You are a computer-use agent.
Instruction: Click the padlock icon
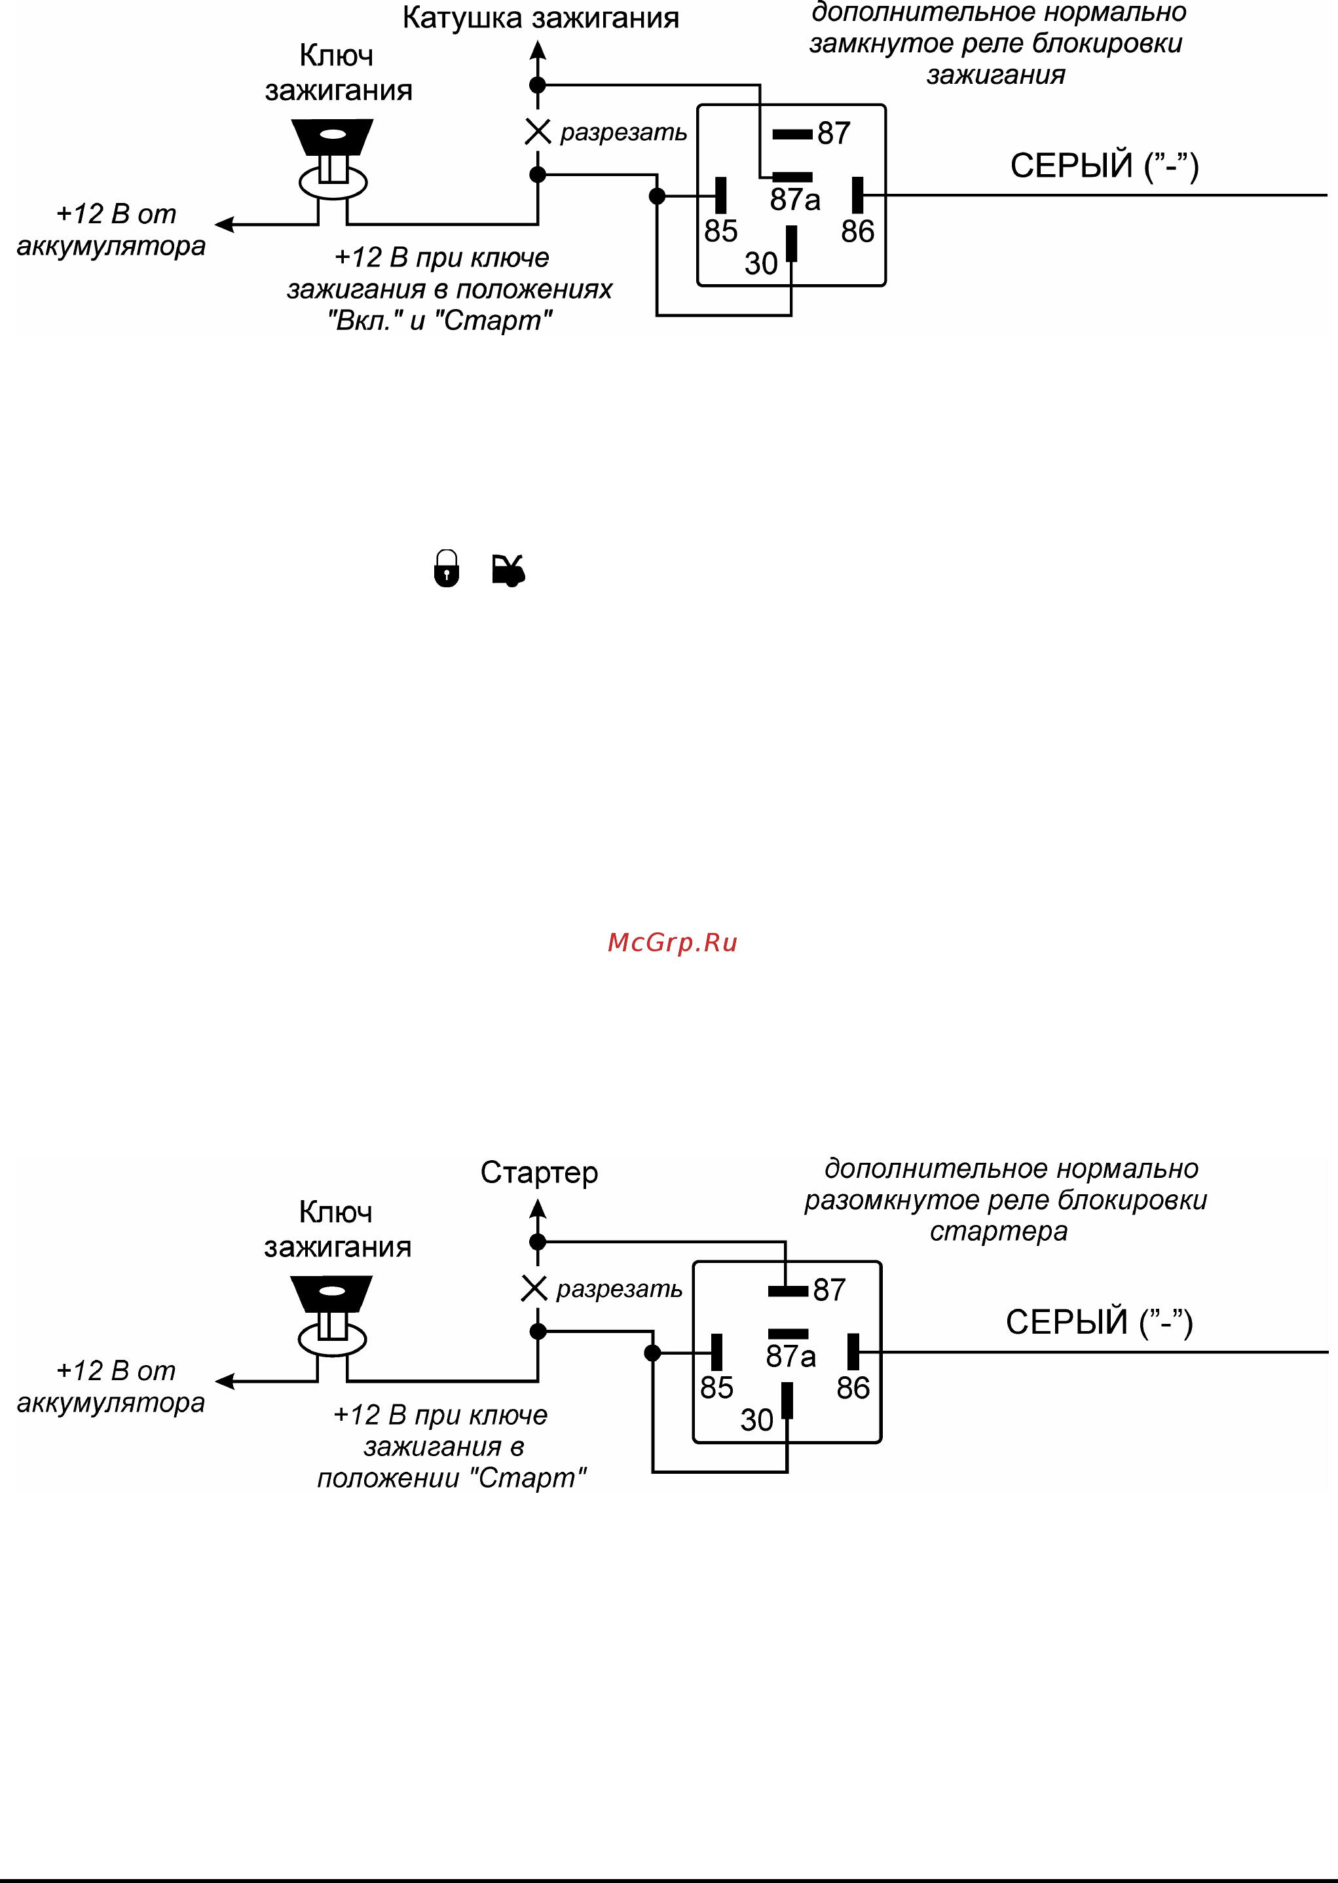point(446,568)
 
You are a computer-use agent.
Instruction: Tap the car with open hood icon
point(508,570)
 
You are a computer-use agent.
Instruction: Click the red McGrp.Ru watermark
point(673,943)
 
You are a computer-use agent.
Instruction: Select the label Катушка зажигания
point(540,18)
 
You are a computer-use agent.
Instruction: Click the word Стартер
point(539,1172)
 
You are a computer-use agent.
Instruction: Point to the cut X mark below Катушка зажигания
point(538,131)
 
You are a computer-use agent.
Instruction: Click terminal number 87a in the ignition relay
point(795,199)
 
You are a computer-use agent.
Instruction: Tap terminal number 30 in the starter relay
point(756,1420)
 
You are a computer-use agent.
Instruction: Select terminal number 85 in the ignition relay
point(720,232)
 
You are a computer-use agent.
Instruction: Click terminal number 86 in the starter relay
point(853,1388)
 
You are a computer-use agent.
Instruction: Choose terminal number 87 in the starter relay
point(829,1290)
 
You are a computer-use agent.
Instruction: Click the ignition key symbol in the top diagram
point(332,158)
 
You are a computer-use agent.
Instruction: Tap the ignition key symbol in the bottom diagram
point(331,1315)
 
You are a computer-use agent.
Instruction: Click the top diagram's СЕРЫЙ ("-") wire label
point(1104,166)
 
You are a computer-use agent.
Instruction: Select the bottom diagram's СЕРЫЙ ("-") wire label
point(1099,1322)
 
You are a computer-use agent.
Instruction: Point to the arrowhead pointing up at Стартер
point(538,1209)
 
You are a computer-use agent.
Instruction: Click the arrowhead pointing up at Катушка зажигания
point(538,51)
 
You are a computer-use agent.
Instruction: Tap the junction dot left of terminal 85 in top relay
point(657,196)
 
